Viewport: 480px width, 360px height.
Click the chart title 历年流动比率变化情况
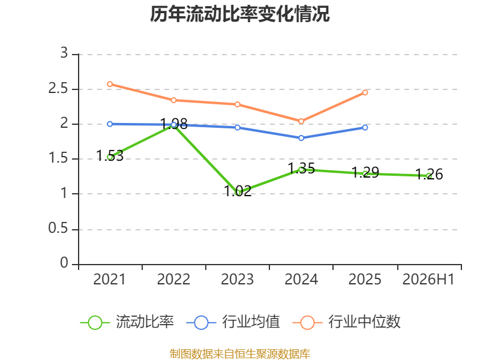pos(239,14)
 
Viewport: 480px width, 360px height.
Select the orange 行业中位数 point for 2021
pos(110,84)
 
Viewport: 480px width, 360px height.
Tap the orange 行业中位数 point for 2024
pos(301,121)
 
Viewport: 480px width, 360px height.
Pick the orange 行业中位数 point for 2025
pos(365,92)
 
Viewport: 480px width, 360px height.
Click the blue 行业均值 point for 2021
pos(110,124)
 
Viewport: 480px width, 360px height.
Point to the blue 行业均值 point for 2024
pos(301,138)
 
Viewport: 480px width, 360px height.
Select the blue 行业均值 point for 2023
pos(238,127)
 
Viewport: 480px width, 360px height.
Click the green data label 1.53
pos(110,156)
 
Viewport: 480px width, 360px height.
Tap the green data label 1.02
pos(238,191)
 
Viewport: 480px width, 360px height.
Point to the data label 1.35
pos(302,169)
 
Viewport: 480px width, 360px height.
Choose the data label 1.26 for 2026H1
pos(429,175)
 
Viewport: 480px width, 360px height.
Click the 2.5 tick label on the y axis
pos(58,88)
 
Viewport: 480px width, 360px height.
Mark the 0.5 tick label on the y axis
pos(58,229)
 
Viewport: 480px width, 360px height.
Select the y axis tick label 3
pos(64,53)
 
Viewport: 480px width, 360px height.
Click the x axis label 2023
pos(238,280)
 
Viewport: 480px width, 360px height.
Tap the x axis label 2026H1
pos(428,280)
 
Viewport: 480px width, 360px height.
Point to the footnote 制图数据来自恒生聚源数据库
pos(240,354)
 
